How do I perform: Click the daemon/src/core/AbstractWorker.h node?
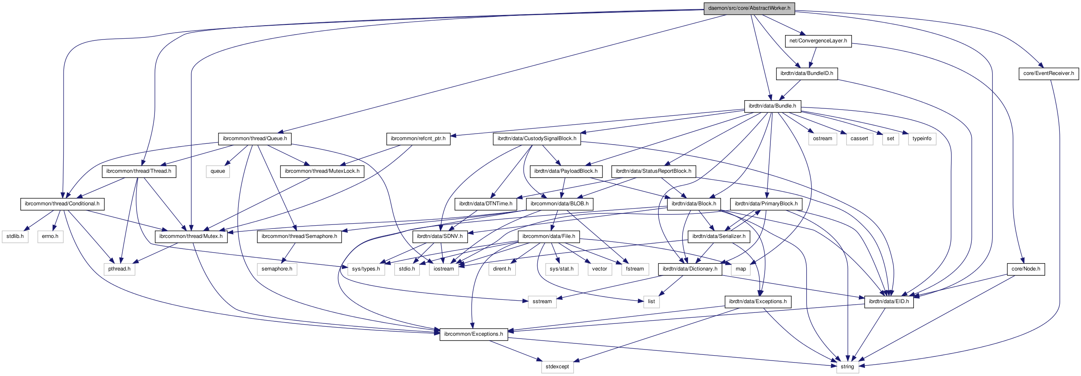[x=749, y=8]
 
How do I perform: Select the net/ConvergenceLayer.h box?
[x=818, y=41]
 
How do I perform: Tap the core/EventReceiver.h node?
[x=1048, y=73]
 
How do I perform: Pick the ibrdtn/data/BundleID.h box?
[x=807, y=73]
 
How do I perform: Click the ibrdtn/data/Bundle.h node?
[x=772, y=106]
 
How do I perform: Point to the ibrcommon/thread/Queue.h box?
[x=255, y=139]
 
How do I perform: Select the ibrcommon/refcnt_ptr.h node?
[x=418, y=139]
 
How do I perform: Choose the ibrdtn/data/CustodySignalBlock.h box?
[x=537, y=139]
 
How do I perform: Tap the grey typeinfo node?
[x=922, y=139]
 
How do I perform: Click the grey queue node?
[x=218, y=171]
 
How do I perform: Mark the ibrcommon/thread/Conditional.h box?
[x=62, y=204]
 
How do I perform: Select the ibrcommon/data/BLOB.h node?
[x=559, y=204]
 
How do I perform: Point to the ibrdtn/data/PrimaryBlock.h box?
[x=766, y=204]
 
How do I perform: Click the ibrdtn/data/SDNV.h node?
[x=440, y=236]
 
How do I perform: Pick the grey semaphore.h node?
[x=276, y=269]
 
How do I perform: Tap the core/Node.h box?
[x=1026, y=269]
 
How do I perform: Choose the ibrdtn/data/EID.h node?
[x=889, y=301]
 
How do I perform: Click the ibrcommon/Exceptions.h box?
[x=473, y=334]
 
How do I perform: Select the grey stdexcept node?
[x=557, y=366]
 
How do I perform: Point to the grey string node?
[x=847, y=366]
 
